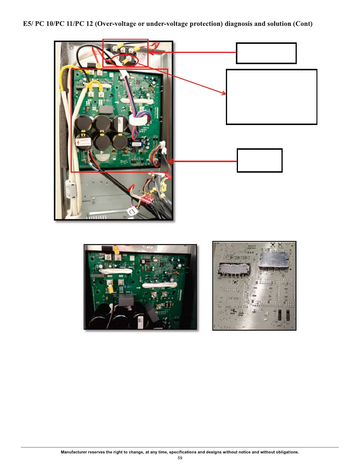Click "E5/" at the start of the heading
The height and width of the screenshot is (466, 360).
(x=28, y=24)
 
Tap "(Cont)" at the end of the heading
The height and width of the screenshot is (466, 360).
(x=303, y=24)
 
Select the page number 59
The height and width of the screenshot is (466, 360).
(x=180, y=458)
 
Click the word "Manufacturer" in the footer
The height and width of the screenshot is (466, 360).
(x=74, y=452)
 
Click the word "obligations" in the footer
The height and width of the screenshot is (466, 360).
(x=287, y=452)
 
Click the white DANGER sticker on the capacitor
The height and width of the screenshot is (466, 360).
(x=83, y=142)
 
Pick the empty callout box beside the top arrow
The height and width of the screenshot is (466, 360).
(x=266, y=53)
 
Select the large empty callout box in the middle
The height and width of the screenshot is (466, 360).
(x=271, y=97)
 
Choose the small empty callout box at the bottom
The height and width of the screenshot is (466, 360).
(x=259, y=160)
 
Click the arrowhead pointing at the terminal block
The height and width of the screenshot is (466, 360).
(x=151, y=52)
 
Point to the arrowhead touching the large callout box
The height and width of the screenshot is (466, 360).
(x=224, y=93)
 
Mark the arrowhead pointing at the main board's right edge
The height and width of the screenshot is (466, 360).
(x=171, y=161)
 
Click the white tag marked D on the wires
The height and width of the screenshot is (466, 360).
(x=131, y=211)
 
